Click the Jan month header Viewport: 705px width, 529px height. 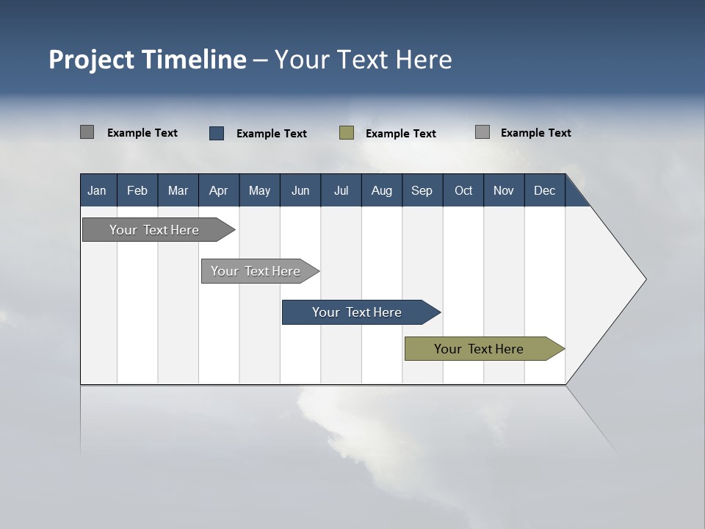tap(98, 190)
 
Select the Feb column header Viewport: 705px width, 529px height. tap(137, 190)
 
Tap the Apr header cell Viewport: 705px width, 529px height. tap(219, 190)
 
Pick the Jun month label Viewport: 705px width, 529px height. tap(300, 190)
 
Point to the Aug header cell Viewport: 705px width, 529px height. tap(382, 190)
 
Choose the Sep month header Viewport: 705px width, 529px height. tap(422, 190)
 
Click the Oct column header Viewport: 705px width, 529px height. tap(463, 190)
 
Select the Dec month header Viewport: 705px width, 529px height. tap(545, 190)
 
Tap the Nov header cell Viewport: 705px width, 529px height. tap(504, 190)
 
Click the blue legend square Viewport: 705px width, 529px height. tap(217, 133)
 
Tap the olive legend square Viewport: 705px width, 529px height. tap(347, 133)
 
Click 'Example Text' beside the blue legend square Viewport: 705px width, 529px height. tap(272, 134)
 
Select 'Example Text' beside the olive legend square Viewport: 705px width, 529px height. tap(401, 134)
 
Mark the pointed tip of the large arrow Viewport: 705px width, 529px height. tap(645, 279)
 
